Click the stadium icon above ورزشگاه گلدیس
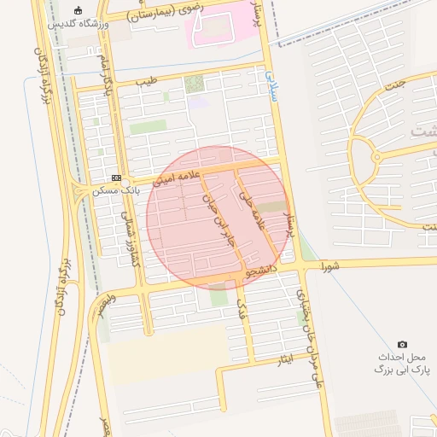point(79,11)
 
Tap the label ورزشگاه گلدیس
point(79,24)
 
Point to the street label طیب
point(145,84)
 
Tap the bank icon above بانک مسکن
point(116,178)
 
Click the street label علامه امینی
point(176,178)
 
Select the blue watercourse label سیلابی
point(272,85)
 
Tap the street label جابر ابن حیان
point(217,219)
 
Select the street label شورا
point(329,267)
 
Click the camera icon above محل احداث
point(403,344)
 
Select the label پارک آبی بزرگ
point(403,370)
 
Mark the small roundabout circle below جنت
point(376,157)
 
